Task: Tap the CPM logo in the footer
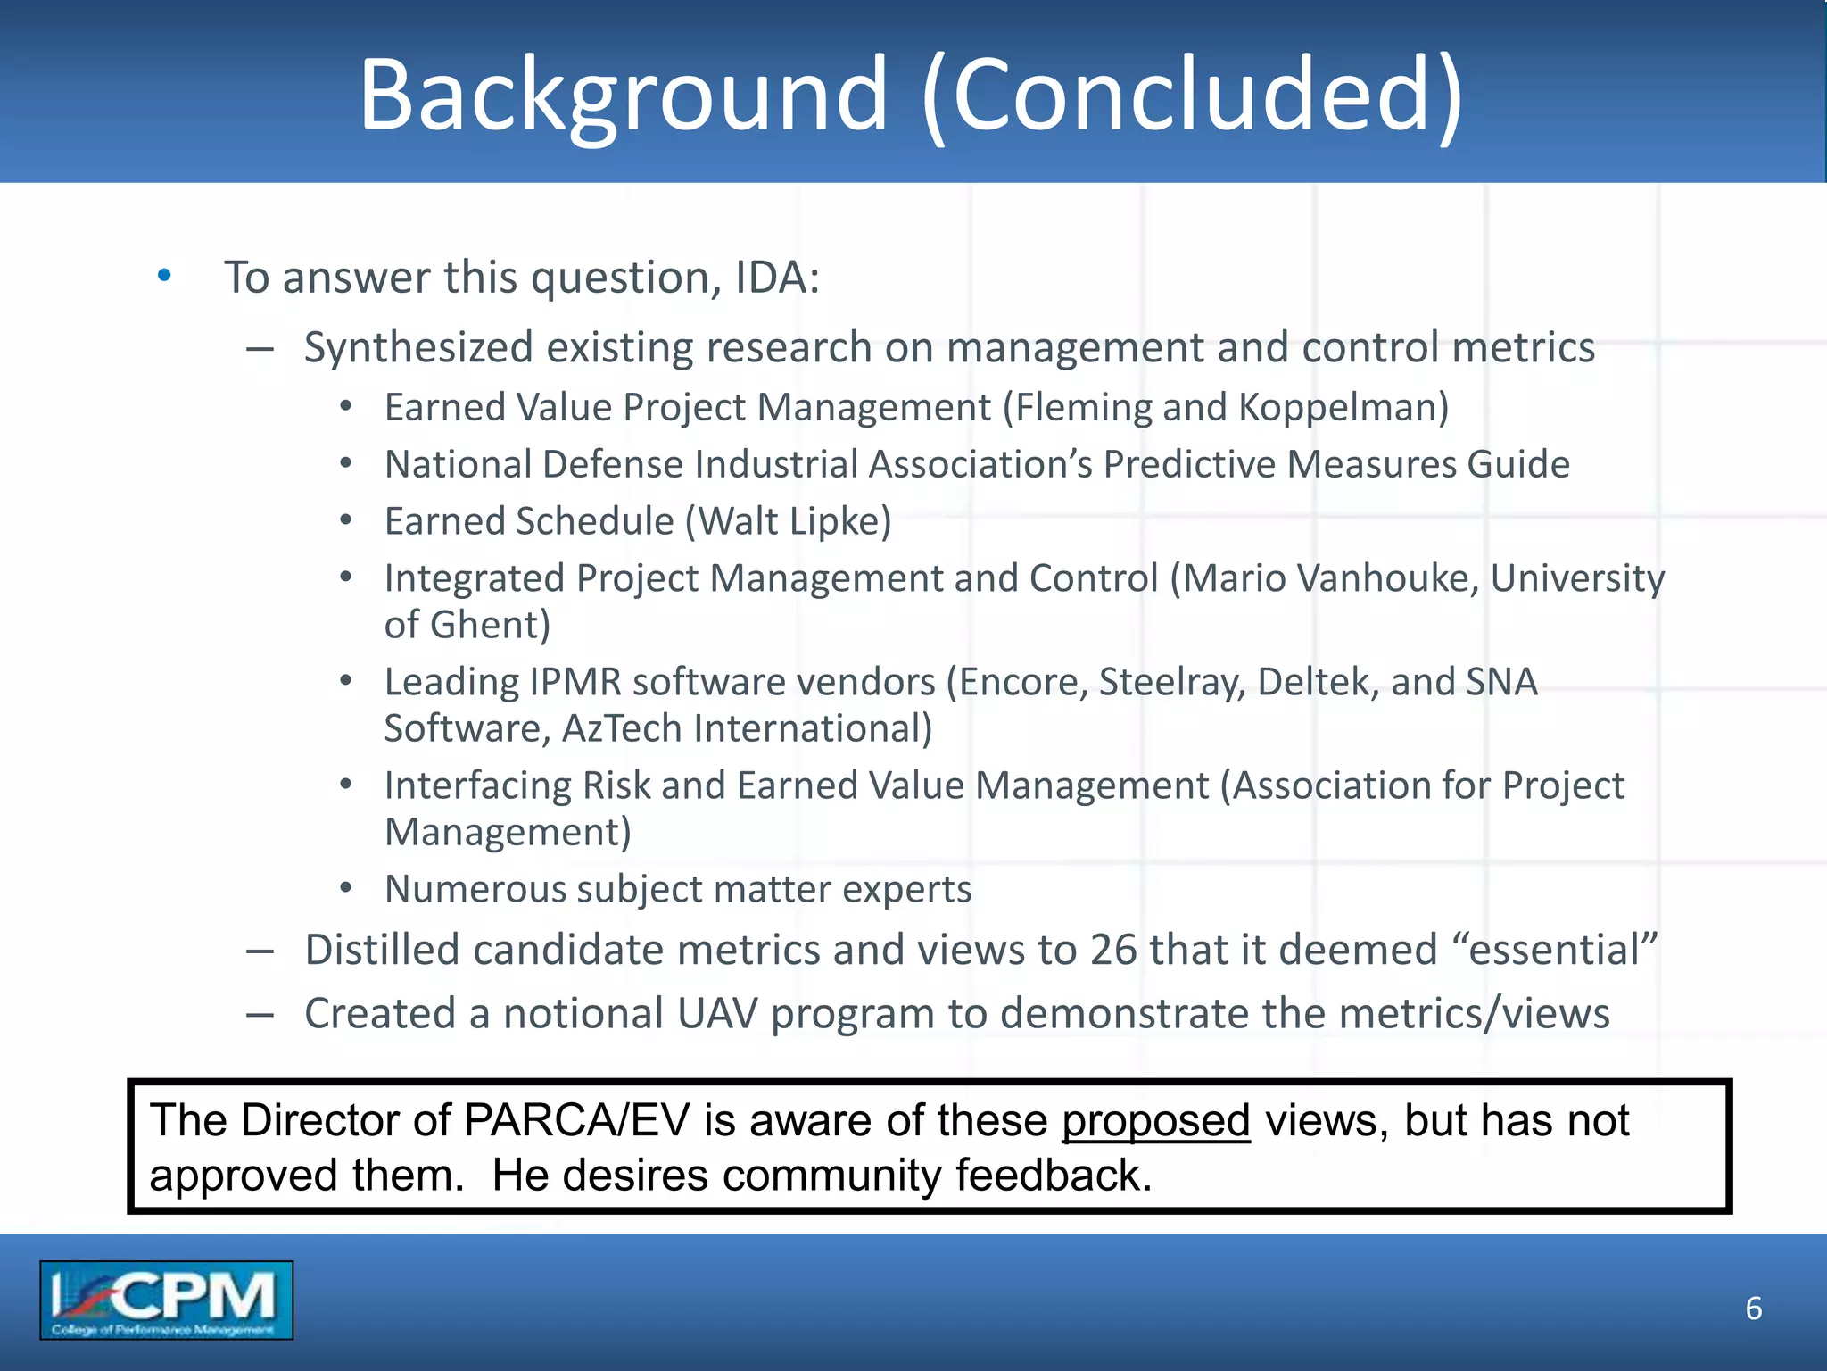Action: coord(166,1300)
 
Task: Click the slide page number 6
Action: coord(1753,1309)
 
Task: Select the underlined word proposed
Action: coord(1155,1121)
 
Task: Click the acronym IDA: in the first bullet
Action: coord(777,278)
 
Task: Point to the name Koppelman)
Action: coord(1343,408)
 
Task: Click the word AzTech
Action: coord(622,728)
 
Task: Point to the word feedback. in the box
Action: coord(1054,1176)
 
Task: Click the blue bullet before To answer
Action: coord(164,276)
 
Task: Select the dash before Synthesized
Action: coord(260,349)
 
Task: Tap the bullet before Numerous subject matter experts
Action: coord(346,889)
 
